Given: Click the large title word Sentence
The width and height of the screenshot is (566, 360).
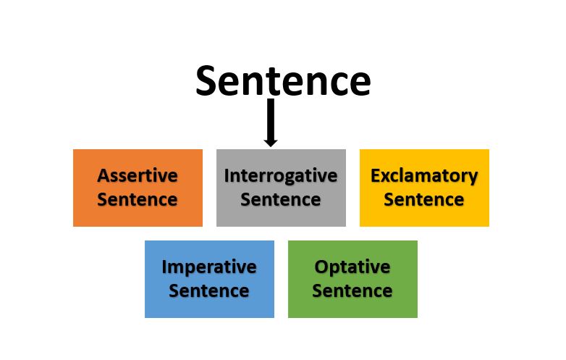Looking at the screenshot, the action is (283, 81).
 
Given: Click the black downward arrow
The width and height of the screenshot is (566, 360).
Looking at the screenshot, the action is (271, 122).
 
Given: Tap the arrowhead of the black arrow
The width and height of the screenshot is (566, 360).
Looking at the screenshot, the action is (271, 142).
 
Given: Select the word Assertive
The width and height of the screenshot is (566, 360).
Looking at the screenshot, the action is (138, 176).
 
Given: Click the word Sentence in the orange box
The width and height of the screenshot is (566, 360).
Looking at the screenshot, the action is (138, 199).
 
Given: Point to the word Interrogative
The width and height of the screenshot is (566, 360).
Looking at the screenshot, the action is (281, 177).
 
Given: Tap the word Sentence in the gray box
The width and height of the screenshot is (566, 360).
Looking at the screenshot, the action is (281, 199).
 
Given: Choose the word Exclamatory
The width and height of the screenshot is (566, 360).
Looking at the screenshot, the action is (424, 177).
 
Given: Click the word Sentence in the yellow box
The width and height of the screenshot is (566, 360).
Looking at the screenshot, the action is (424, 199).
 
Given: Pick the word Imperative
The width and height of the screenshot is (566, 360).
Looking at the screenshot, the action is (209, 267).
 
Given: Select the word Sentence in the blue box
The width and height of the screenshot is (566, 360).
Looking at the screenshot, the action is (209, 290).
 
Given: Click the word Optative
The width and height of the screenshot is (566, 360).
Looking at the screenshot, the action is (352, 267).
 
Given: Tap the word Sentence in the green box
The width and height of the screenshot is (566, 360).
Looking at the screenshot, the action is (352, 290).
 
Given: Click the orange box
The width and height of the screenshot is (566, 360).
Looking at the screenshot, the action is (138, 188).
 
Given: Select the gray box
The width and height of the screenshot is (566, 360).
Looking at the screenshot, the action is (282, 188).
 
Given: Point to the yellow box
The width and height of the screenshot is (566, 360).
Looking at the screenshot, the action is (424, 188).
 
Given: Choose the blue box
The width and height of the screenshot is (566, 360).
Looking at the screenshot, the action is (209, 279).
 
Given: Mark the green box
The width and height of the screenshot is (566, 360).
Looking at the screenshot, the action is (352, 279).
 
